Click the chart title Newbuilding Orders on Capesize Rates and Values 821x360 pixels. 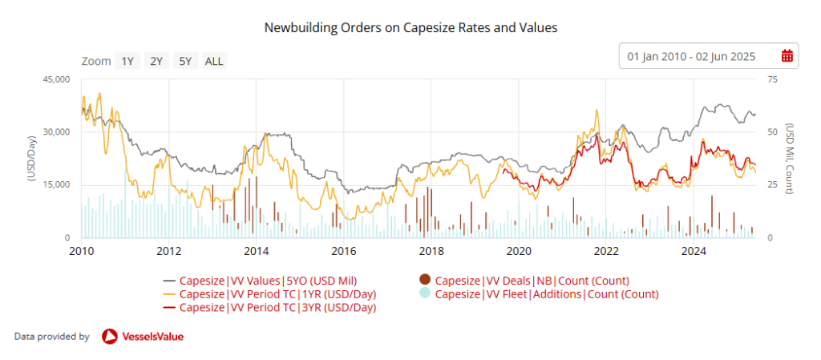tap(410, 27)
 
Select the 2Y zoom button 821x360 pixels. tap(156, 61)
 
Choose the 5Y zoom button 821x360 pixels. tap(185, 61)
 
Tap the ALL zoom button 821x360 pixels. tap(214, 61)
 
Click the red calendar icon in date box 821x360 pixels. tap(787, 56)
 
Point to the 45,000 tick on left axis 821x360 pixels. tap(57, 79)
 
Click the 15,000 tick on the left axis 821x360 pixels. tap(57, 185)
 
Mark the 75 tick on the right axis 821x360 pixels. tap(773, 79)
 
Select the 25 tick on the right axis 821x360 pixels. tap(773, 185)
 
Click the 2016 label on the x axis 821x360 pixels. tap(343, 250)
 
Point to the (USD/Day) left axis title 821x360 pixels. tap(32, 159)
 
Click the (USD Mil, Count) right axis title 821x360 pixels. tap(790, 159)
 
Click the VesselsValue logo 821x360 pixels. tap(143, 337)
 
